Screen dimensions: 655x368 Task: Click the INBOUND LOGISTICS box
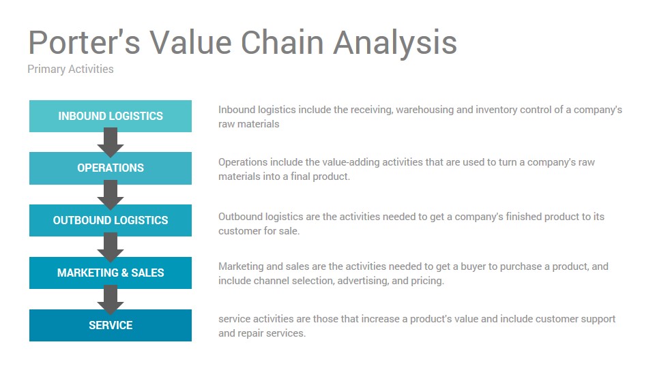coord(111,116)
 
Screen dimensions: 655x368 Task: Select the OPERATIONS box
coord(111,168)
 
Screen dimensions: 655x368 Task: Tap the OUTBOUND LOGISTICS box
coord(111,220)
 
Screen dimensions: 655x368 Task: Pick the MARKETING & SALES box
coord(111,273)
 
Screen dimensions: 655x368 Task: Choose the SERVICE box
coord(111,326)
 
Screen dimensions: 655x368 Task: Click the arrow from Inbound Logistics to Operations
coord(111,142)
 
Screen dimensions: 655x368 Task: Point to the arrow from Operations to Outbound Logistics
coord(111,195)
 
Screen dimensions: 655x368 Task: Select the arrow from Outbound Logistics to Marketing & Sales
coord(111,247)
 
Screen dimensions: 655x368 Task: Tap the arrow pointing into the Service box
coord(111,300)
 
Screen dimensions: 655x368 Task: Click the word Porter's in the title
coord(84,42)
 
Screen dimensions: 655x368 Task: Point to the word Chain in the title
coord(282,42)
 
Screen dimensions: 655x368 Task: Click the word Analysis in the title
coord(395,44)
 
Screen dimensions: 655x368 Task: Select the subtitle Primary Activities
coord(70,70)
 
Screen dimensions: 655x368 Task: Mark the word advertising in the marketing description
coord(363,281)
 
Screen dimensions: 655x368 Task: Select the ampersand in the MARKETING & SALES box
coord(125,273)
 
